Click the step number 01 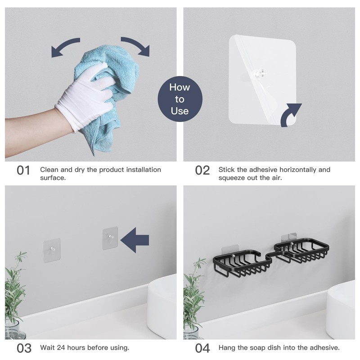(23, 171)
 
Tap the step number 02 (202, 171)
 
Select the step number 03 (24, 348)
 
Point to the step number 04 (202, 348)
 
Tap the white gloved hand (88, 97)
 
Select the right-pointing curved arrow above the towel (135, 46)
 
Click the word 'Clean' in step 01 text (49, 170)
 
